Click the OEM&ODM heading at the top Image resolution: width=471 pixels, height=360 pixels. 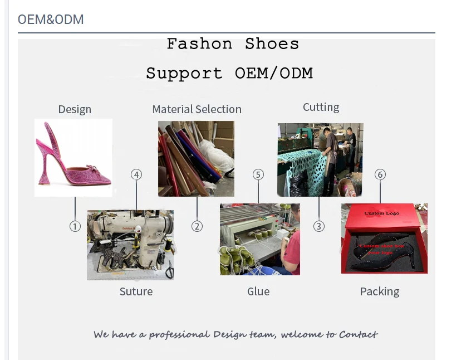pyautogui.click(x=51, y=20)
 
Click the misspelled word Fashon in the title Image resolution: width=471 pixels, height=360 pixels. pyautogui.click(x=199, y=44)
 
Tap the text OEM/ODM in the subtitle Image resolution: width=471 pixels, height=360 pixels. pyautogui.click(x=273, y=73)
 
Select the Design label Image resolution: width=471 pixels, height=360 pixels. pyautogui.click(x=75, y=109)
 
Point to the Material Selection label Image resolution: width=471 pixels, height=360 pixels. pyautogui.click(x=197, y=109)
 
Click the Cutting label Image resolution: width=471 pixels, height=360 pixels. pyautogui.click(x=321, y=107)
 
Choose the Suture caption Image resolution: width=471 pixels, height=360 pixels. pyautogui.click(x=136, y=291)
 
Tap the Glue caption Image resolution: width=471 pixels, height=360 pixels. pyautogui.click(x=258, y=291)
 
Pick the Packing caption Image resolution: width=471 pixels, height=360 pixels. pyautogui.click(x=379, y=291)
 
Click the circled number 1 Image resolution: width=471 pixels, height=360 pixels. pyautogui.click(x=75, y=226)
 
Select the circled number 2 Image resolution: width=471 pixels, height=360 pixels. pyautogui.click(x=197, y=226)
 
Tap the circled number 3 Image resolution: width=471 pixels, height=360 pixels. pyautogui.click(x=319, y=226)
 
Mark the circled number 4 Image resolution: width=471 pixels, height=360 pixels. pyautogui.click(x=136, y=174)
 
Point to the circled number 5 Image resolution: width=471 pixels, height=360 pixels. pyautogui.click(x=258, y=174)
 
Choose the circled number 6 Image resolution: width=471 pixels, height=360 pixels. pyautogui.click(x=380, y=174)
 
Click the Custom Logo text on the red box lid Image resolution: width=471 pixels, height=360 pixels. pyautogui.click(x=382, y=213)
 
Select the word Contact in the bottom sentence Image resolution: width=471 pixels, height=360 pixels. pyautogui.click(x=358, y=334)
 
